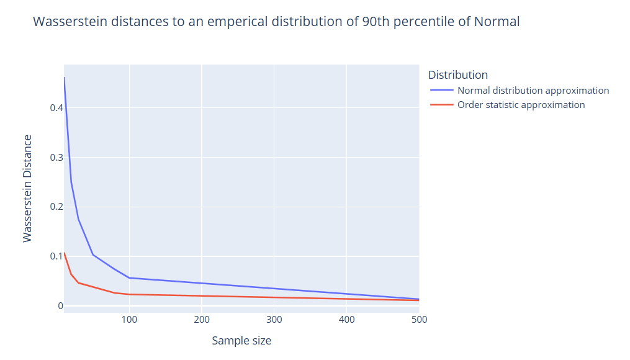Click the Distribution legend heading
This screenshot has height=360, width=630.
[457, 75]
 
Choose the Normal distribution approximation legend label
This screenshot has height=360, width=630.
[533, 91]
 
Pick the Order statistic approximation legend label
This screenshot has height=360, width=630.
[521, 105]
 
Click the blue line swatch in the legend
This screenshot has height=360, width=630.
[442, 91]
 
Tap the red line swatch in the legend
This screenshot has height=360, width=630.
[442, 105]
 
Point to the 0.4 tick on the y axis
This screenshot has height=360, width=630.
[56, 108]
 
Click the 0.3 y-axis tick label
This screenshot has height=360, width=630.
[56, 158]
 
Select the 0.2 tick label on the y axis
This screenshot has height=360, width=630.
[56, 207]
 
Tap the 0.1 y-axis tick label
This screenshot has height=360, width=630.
[56, 256]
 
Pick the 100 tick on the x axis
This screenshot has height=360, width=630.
[129, 320]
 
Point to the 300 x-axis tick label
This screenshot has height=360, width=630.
[274, 320]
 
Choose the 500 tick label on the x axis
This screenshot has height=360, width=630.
[419, 320]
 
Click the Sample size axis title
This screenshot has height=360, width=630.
[241, 341]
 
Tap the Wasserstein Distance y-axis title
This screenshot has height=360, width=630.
[27, 188]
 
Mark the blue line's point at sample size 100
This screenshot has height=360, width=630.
[129, 278]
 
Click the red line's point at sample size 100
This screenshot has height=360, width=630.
[129, 294]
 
